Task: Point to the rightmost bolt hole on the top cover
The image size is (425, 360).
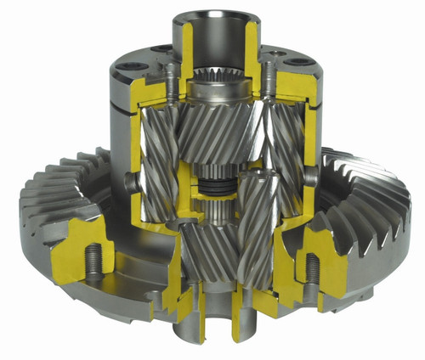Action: pos(298,61)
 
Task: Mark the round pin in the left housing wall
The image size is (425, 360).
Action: pos(129,180)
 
